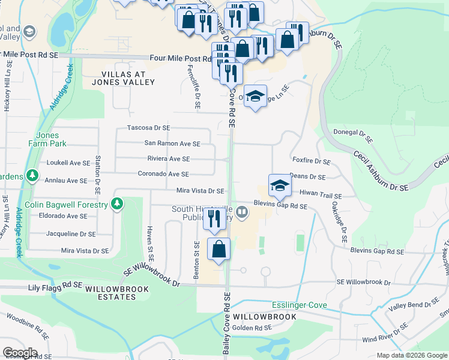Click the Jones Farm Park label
[x=47, y=139]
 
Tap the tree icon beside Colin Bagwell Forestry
[x=118, y=205]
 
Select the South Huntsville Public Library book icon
[x=242, y=211]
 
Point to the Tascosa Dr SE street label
[x=148, y=128]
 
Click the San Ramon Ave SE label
[x=172, y=143]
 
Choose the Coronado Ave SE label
[x=163, y=174]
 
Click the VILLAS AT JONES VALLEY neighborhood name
[x=123, y=77]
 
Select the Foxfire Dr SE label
[x=312, y=162]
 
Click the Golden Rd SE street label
[x=252, y=328]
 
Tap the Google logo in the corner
[x=20, y=353]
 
